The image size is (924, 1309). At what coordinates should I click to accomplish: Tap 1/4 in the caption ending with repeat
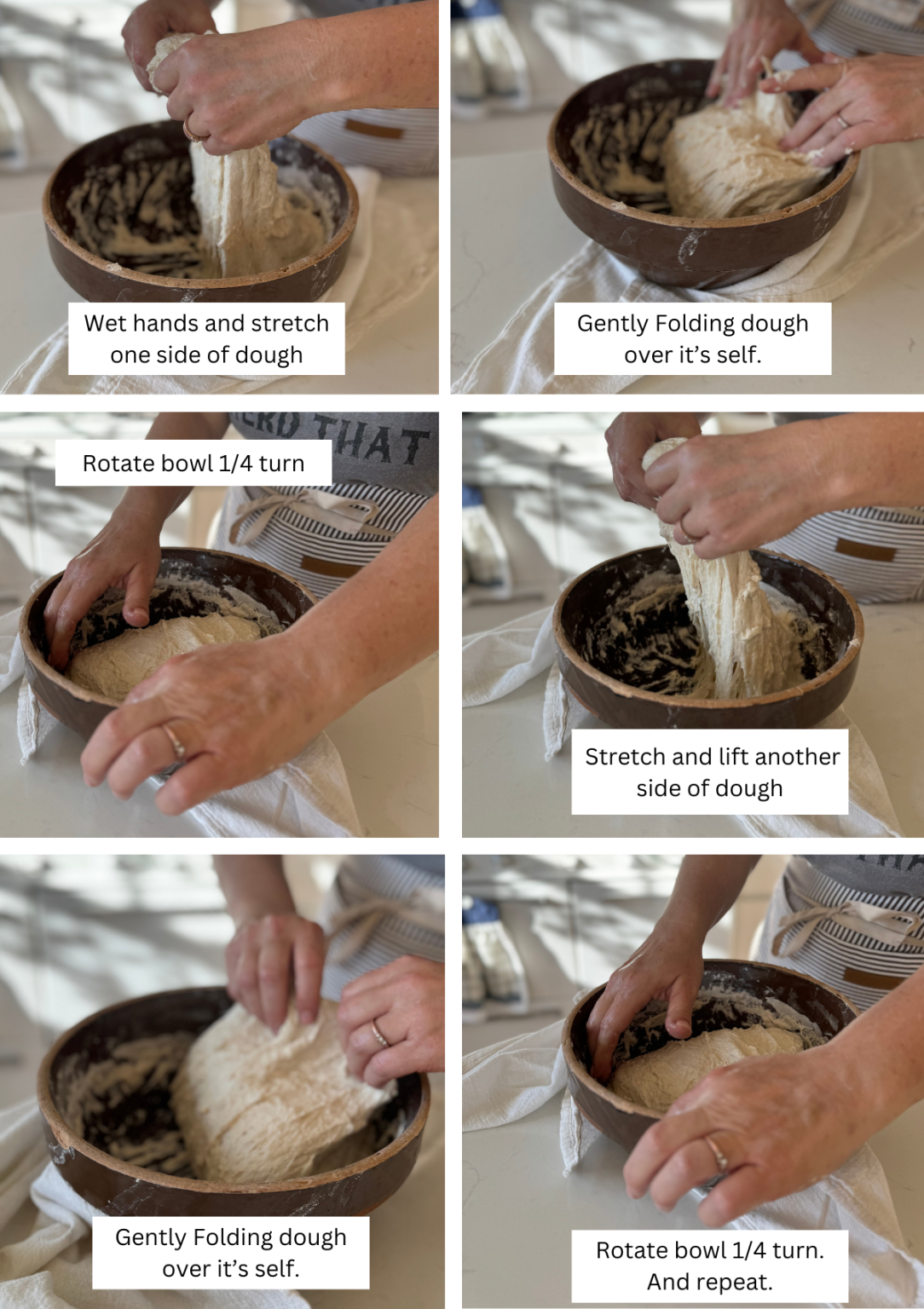(749, 1250)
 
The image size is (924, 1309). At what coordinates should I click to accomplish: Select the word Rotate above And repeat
(631, 1250)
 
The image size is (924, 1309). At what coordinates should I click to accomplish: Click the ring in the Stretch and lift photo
(684, 534)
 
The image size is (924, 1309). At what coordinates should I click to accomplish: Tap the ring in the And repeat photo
(717, 1153)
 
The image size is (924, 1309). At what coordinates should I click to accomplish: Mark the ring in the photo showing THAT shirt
(173, 740)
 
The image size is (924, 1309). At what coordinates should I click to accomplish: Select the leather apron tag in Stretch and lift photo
(864, 549)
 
